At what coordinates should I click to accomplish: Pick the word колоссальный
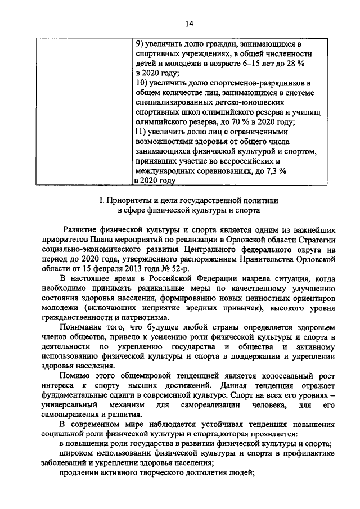tap(287, 375)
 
